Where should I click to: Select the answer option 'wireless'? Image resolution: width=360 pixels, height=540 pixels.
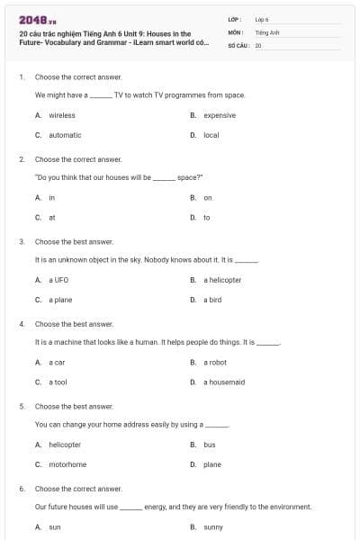pos(62,115)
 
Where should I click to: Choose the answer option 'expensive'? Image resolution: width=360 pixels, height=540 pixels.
pos(219,115)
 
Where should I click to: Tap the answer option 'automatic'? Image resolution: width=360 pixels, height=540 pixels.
pos(65,135)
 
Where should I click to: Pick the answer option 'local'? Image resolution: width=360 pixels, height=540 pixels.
pos(211,135)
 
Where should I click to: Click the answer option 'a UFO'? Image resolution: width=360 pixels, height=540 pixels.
pos(58,280)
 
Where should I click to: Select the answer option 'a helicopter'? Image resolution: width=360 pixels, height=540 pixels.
pos(221,280)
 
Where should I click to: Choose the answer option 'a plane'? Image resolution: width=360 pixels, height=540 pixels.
pos(61,300)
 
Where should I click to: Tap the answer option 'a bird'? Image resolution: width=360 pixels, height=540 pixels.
pos(212,300)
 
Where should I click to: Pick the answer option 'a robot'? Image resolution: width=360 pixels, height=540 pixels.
pos(215,362)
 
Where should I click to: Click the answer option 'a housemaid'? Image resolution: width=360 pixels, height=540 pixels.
pos(224,382)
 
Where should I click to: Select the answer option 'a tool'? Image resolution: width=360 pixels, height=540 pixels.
pos(58,382)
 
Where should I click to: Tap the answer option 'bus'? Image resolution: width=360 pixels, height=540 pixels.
pos(209,445)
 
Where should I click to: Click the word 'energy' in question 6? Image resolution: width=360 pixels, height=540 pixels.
pos(155,508)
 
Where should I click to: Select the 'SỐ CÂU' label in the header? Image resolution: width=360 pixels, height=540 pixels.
pos(238,44)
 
